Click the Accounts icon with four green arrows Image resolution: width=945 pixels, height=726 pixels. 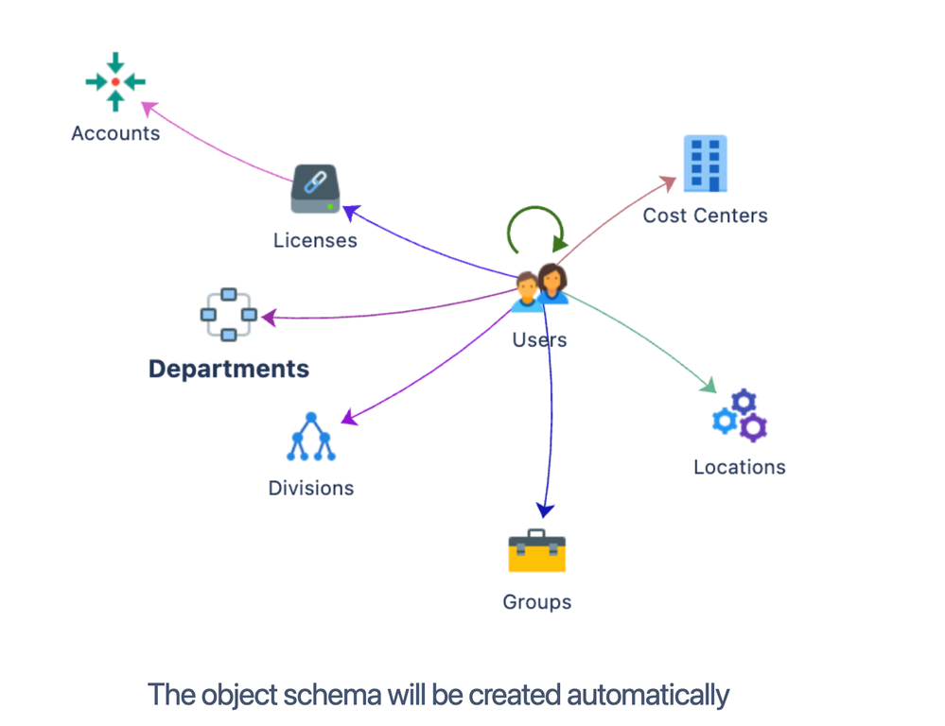[x=115, y=82]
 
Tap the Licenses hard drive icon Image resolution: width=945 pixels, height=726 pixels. [x=315, y=190]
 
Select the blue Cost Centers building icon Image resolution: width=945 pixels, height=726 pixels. [x=706, y=164]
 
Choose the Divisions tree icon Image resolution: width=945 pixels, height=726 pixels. [x=311, y=438]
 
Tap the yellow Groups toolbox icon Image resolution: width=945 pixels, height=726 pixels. [x=536, y=550]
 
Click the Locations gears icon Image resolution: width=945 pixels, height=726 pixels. [x=740, y=415]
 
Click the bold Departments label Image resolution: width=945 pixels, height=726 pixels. [x=229, y=369]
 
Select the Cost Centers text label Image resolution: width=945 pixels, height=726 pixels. [x=705, y=216]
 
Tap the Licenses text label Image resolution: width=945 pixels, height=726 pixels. [x=315, y=240]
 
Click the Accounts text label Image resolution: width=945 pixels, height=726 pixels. [x=115, y=133]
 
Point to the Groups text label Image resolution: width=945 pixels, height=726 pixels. [x=536, y=602]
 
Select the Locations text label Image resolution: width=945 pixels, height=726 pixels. [x=739, y=467]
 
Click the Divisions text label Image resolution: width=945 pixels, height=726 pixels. [x=311, y=489]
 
